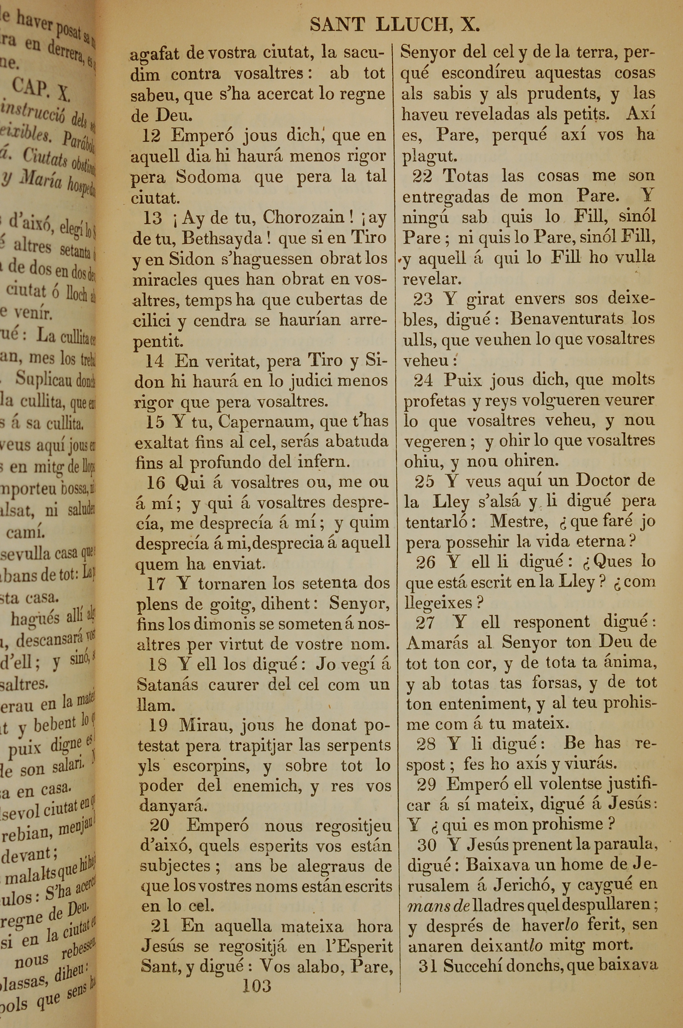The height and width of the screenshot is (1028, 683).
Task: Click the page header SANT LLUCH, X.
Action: pyautogui.click(x=395, y=25)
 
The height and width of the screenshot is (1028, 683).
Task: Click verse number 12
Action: pyautogui.click(x=151, y=136)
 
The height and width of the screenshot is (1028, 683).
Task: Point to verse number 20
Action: pyautogui.click(x=159, y=825)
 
